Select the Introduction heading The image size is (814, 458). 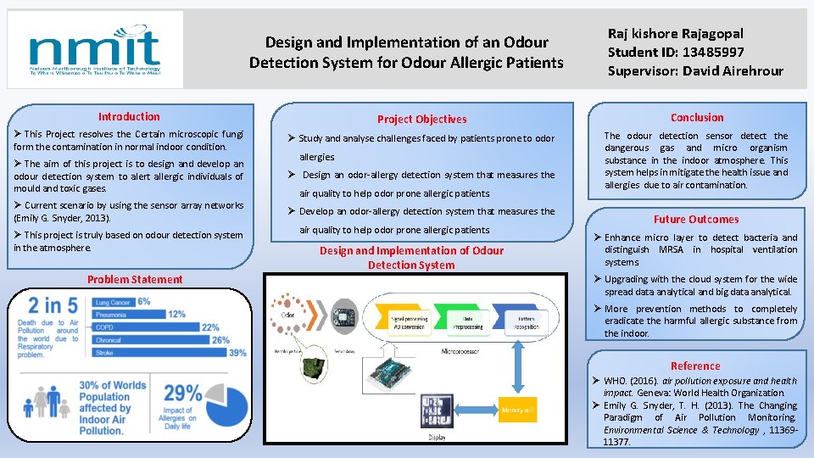(129, 117)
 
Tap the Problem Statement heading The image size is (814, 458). (134, 279)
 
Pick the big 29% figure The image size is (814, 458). (182, 393)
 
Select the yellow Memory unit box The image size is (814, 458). (518, 410)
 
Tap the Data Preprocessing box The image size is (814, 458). (467, 321)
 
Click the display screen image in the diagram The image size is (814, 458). (437, 411)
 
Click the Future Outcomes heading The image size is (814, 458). (695, 219)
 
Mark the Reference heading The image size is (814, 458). (695, 366)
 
